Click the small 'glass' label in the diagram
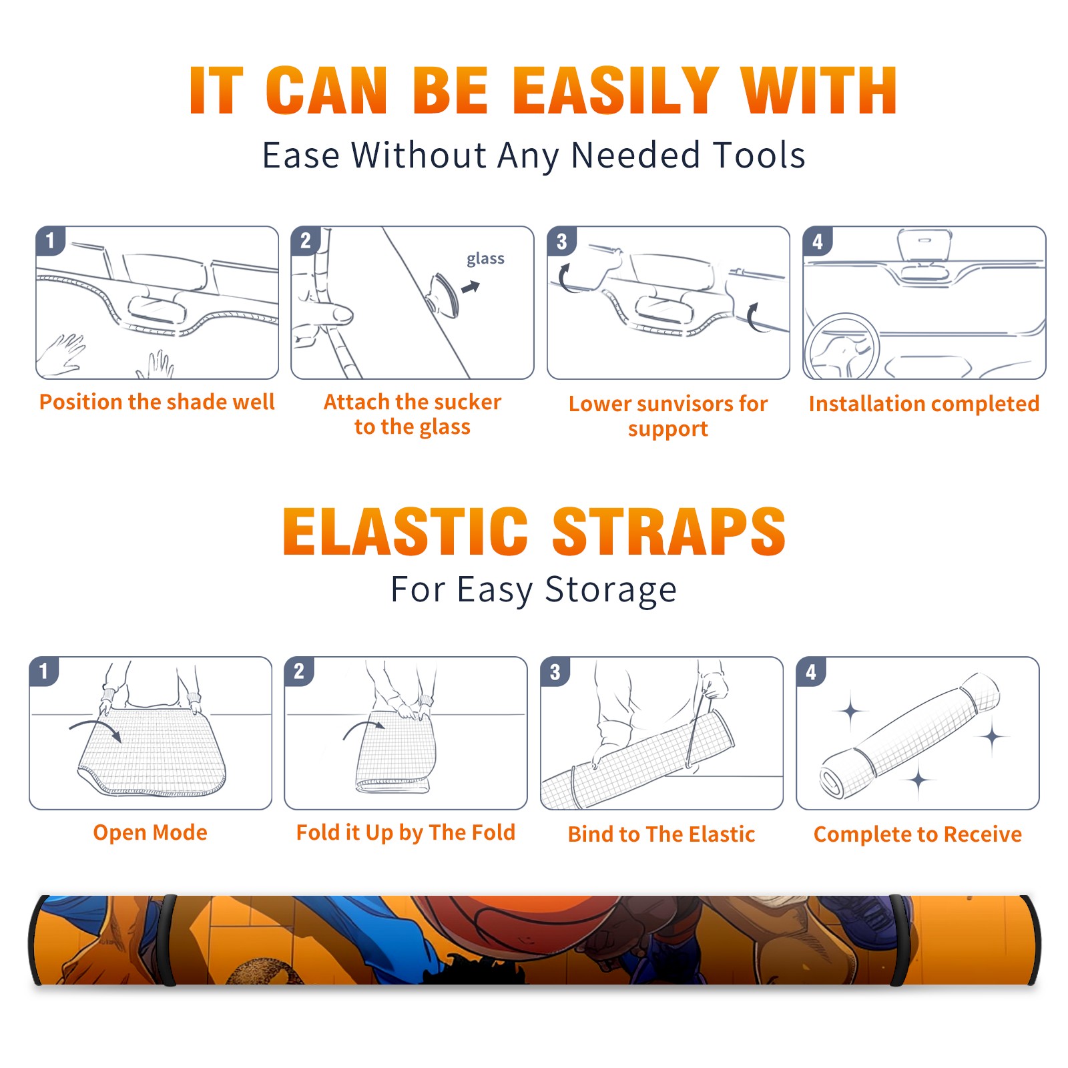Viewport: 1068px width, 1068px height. click(x=485, y=259)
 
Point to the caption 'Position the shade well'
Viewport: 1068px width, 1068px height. click(x=157, y=402)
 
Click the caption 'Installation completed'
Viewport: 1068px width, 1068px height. click(x=924, y=404)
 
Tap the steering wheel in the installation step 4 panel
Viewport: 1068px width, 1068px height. click(x=842, y=347)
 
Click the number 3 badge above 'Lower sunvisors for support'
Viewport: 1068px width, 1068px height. click(x=561, y=242)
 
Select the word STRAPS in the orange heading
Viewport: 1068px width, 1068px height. click(x=669, y=531)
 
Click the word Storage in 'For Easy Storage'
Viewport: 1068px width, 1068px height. click(x=611, y=590)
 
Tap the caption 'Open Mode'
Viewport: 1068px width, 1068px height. click(x=150, y=832)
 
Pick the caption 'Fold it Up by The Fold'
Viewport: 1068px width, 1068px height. click(x=406, y=832)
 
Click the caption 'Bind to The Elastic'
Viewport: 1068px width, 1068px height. click(x=661, y=834)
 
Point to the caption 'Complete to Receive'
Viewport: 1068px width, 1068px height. click(x=918, y=834)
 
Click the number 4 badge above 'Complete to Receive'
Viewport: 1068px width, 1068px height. click(x=811, y=672)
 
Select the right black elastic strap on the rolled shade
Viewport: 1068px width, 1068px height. click(x=899, y=940)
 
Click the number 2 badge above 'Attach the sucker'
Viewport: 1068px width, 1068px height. click(x=306, y=241)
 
